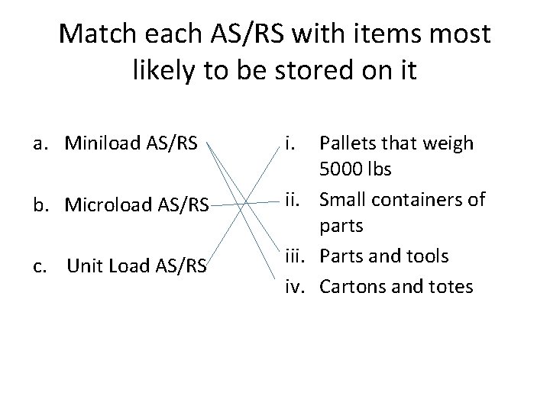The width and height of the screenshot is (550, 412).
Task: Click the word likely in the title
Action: coord(160,71)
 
